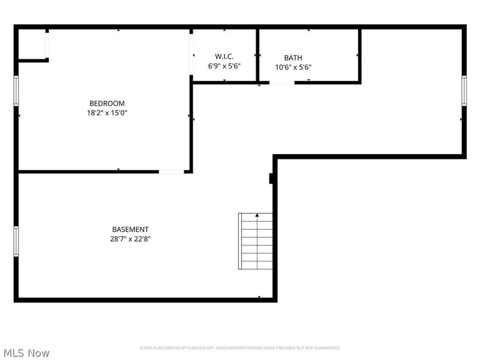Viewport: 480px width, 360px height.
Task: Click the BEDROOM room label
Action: tap(107, 103)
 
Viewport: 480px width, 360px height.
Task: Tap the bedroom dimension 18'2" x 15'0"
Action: tap(107, 112)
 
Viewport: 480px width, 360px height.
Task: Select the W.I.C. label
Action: tap(224, 57)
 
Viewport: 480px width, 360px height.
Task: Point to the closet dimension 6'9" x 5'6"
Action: tap(224, 67)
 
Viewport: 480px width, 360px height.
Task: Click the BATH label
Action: tap(293, 58)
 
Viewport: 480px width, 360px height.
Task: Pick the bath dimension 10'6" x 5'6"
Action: tap(293, 67)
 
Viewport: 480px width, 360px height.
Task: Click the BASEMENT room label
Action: tap(130, 229)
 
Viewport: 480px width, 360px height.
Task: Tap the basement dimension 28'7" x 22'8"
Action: tap(130, 239)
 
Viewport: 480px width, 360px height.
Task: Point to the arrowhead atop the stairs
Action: tap(257, 214)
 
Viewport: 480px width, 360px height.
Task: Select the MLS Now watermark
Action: tap(26, 353)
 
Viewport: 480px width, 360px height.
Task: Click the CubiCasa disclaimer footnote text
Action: tap(240, 348)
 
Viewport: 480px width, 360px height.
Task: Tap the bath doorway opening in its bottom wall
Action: tap(282, 82)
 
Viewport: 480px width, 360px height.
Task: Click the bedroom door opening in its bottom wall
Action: tap(171, 172)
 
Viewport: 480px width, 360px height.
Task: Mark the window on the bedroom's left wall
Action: tap(16, 91)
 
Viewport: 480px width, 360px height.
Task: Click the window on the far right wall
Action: tap(464, 91)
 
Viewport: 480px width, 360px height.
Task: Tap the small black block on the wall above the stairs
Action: tap(272, 179)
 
